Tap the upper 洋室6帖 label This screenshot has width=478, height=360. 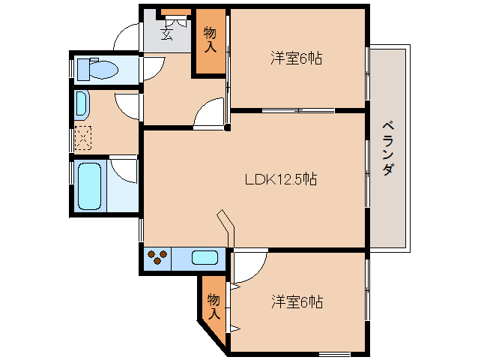pyautogui.click(x=296, y=58)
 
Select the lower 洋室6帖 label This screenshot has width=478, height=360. pyautogui.click(x=297, y=302)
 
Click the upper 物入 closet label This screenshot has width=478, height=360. pyautogui.click(x=210, y=40)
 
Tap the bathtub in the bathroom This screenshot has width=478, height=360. pyautogui.click(x=90, y=185)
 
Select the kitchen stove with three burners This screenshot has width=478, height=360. pyautogui.click(x=157, y=258)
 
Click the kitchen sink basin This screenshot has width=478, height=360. pyautogui.click(x=205, y=258)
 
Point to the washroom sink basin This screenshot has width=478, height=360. pyautogui.click(x=81, y=103)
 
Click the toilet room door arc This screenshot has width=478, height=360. pyautogui.click(x=150, y=67)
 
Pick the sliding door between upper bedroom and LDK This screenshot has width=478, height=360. pyautogui.click(x=298, y=111)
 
